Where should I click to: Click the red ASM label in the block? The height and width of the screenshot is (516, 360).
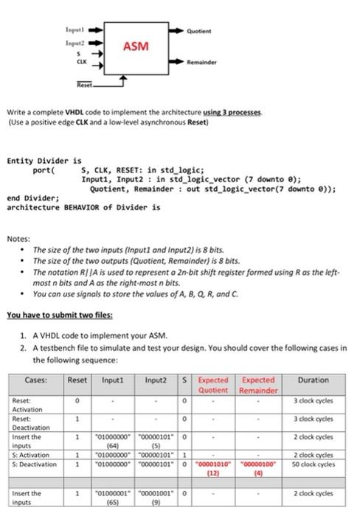(x=135, y=46)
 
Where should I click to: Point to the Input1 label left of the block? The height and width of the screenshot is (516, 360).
(x=76, y=32)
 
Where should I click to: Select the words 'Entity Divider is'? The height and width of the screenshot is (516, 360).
(x=44, y=160)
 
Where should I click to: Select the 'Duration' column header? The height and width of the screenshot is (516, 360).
(x=314, y=380)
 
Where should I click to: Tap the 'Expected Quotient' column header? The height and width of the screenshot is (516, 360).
(x=213, y=385)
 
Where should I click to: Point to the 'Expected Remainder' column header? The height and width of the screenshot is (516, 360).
(x=257, y=385)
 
